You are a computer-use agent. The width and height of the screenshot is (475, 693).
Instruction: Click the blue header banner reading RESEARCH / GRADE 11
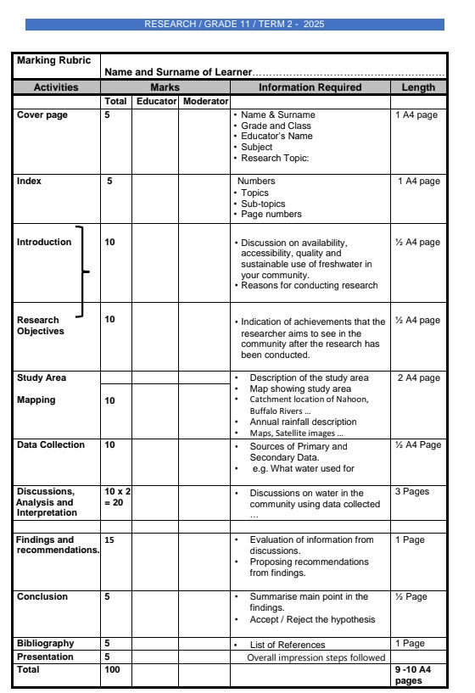tap(234, 25)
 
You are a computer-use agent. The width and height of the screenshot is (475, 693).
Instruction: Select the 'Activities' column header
tap(56, 87)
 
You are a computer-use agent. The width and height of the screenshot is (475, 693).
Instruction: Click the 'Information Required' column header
tap(310, 87)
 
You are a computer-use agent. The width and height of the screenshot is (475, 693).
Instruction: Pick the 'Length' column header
tap(418, 87)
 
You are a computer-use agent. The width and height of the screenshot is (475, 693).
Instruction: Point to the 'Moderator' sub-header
tap(204, 102)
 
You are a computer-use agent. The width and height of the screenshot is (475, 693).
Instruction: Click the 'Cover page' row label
tap(42, 115)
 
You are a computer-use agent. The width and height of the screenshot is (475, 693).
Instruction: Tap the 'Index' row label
tap(30, 181)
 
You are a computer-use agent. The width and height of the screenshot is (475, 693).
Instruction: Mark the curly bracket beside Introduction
tap(82, 271)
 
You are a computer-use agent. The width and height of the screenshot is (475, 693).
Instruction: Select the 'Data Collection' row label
tap(51, 444)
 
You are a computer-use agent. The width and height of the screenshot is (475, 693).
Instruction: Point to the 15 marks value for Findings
tap(109, 539)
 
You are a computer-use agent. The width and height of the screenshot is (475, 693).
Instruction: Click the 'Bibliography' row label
tap(46, 643)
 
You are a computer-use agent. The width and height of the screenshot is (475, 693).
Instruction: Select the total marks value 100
tap(112, 669)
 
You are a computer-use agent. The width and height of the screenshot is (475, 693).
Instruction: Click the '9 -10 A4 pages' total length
tap(413, 674)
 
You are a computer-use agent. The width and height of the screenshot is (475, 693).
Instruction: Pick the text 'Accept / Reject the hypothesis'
tap(312, 619)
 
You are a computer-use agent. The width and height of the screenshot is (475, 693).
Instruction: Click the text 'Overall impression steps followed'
tap(316, 657)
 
